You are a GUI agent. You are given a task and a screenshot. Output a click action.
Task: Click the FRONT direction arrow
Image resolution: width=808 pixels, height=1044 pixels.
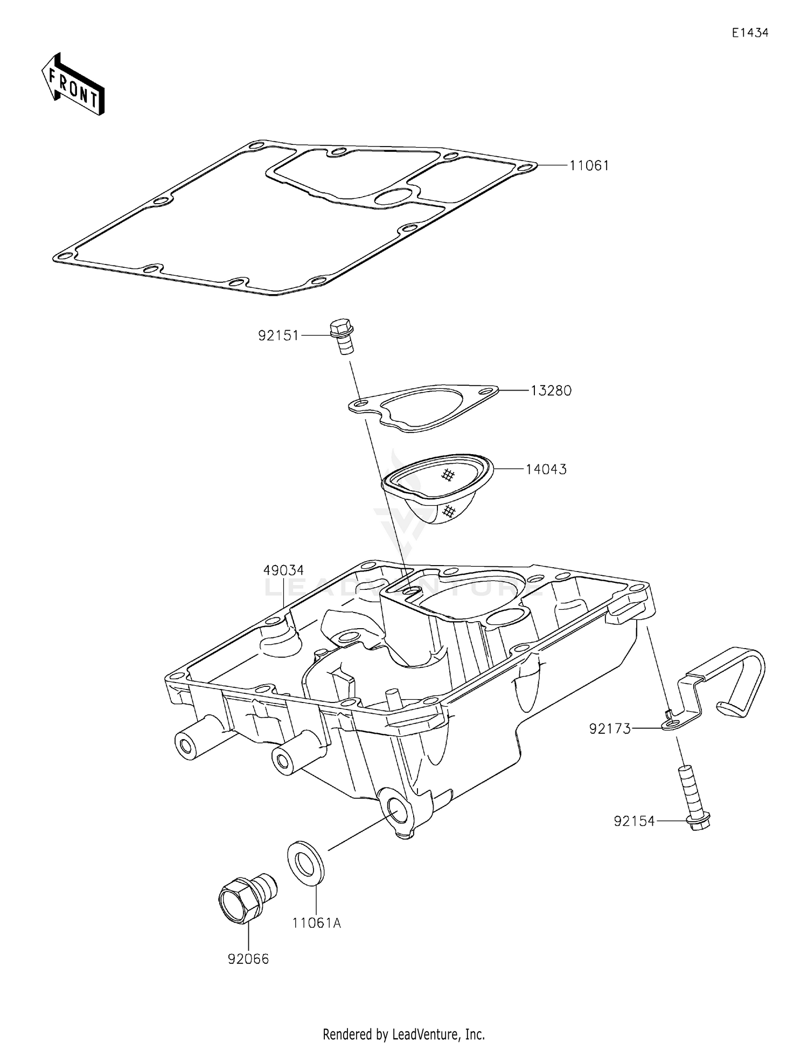[73, 85]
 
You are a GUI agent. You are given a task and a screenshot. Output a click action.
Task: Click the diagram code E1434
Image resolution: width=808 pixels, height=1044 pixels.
[749, 33]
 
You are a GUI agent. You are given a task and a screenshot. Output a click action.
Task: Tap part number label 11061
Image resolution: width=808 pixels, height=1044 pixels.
[589, 166]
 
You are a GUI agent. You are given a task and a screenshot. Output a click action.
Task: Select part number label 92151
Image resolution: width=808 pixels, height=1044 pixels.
[278, 336]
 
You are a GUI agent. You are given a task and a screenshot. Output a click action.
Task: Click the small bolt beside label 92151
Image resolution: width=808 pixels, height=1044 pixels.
[341, 336]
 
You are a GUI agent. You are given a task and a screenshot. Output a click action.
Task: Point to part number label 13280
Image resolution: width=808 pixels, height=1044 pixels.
[551, 391]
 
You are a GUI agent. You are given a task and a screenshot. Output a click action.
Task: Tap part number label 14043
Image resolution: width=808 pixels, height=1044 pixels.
[546, 469]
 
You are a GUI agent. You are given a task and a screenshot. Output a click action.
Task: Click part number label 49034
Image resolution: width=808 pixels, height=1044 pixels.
[283, 570]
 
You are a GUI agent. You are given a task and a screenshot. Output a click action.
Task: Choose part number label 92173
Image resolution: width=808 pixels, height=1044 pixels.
[609, 729]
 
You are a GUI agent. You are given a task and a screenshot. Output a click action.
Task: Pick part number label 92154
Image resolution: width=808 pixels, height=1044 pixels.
[634, 822]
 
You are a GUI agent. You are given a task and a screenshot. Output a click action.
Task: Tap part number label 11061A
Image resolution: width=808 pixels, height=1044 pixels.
[317, 923]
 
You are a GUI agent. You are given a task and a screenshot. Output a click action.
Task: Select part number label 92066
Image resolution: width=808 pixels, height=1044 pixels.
[248, 959]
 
